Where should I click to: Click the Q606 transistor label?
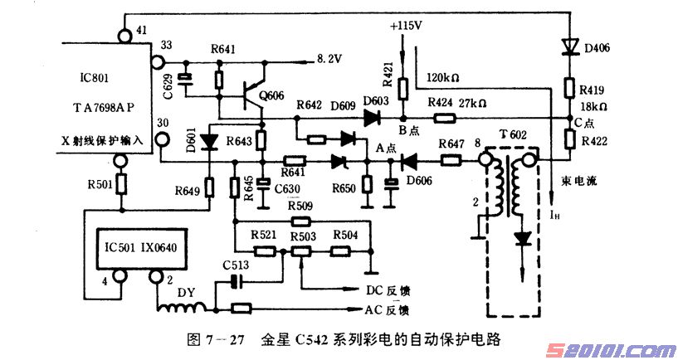pyautogui.click(x=271, y=96)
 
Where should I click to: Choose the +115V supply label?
pyautogui.click(x=405, y=26)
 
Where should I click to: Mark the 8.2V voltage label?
pyautogui.click(x=330, y=58)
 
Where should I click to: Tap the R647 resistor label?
pyautogui.click(x=450, y=144)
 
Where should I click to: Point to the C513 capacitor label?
pyautogui.click(x=236, y=265)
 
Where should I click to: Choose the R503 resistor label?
pyautogui.click(x=303, y=236)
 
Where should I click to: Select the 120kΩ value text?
pyautogui.click(x=443, y=79)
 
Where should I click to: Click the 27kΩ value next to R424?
pyautogui.click(x=471, y=103)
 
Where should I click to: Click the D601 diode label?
pyautogui.click(x=192, y=144)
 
